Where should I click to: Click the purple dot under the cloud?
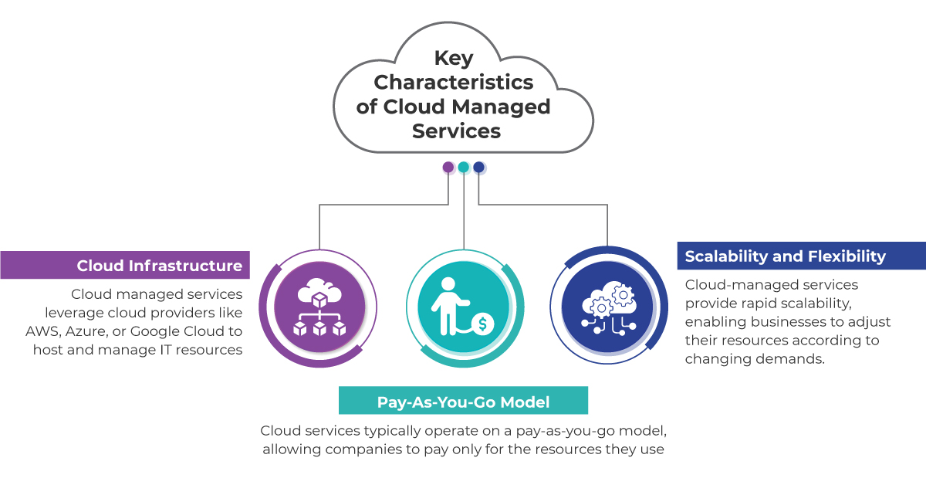448,167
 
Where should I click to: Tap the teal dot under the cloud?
463,167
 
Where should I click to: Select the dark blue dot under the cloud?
478,167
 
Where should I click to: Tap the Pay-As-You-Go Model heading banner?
463,402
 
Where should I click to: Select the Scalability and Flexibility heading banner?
801,256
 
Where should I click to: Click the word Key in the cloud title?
453,59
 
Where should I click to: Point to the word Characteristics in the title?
453,82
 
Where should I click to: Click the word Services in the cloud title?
456,131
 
